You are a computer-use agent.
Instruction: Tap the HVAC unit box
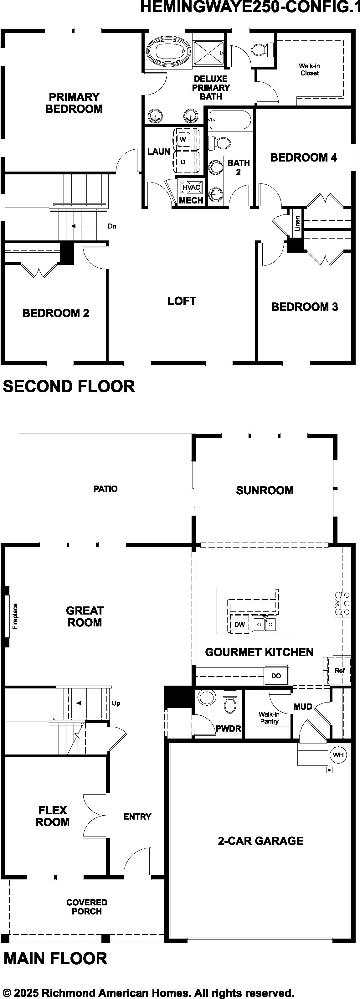point(191,187)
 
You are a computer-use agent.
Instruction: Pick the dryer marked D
point(183,161)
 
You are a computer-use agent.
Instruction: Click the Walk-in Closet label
point(309,70)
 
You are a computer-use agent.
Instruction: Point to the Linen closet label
point(297,224)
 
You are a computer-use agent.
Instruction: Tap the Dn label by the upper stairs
point(112,226)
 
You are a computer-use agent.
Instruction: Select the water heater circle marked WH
point(338,755)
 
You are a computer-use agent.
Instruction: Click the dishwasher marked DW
point(239,624)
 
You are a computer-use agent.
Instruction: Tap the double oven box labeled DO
point(276,676)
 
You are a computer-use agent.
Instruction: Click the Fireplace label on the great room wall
point(15,616)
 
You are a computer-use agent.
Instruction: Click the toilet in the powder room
point(230,702)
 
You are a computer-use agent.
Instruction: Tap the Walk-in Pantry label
point(269,718)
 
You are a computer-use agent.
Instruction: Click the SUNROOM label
point(265,491)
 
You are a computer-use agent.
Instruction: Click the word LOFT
point(182,301)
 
